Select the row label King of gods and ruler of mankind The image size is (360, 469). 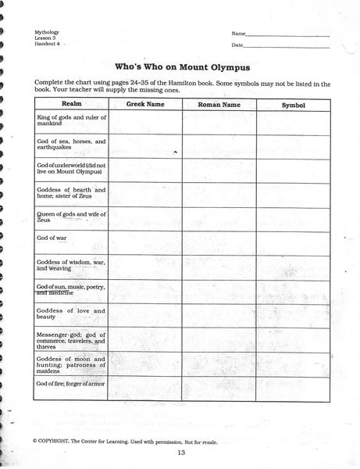pyautogui.click(x=71, y=120)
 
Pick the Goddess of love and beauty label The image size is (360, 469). pyautogui.click(x=71, y=314)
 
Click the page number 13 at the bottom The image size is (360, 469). pyautogui.click(x=181, y=453)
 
